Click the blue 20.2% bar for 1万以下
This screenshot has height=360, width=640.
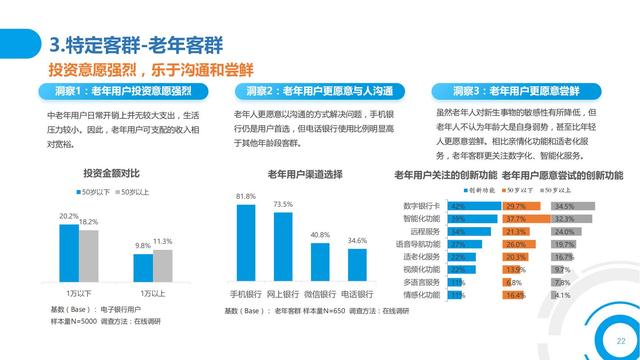pos(69,253)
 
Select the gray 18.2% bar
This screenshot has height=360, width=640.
pos(88,257)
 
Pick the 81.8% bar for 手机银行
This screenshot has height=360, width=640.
pos(245,246)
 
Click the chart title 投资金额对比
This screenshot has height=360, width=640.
pos(112,172)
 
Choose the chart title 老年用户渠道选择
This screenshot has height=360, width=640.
pos(304,174)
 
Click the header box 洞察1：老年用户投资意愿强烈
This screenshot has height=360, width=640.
pos(122,91)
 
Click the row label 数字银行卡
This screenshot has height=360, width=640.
pos(422,205)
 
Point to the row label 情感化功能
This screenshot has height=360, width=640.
pos(422,295)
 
